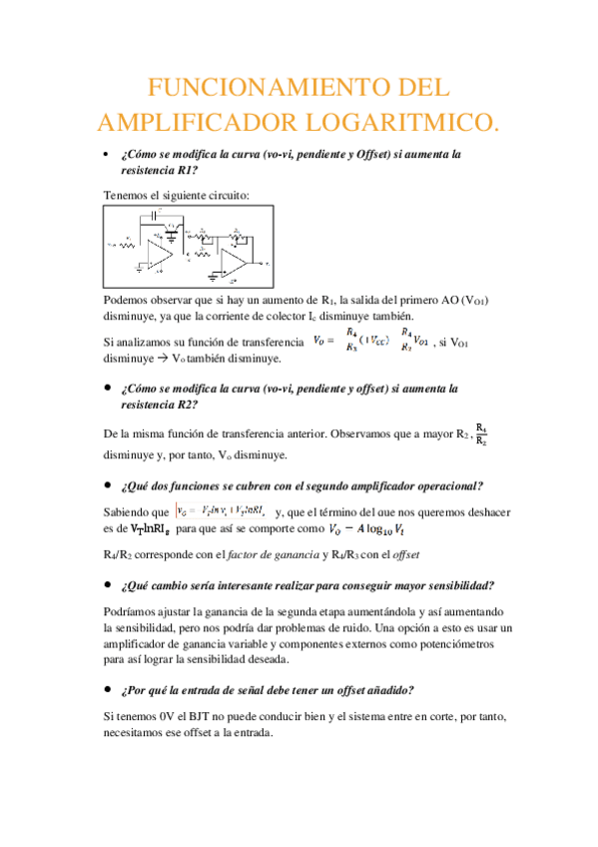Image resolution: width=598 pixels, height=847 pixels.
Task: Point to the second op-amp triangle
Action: (236, 262)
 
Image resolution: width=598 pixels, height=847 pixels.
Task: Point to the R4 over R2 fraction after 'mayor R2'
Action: (481, 434)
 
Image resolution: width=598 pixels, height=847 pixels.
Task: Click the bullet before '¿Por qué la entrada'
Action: (107, 690)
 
